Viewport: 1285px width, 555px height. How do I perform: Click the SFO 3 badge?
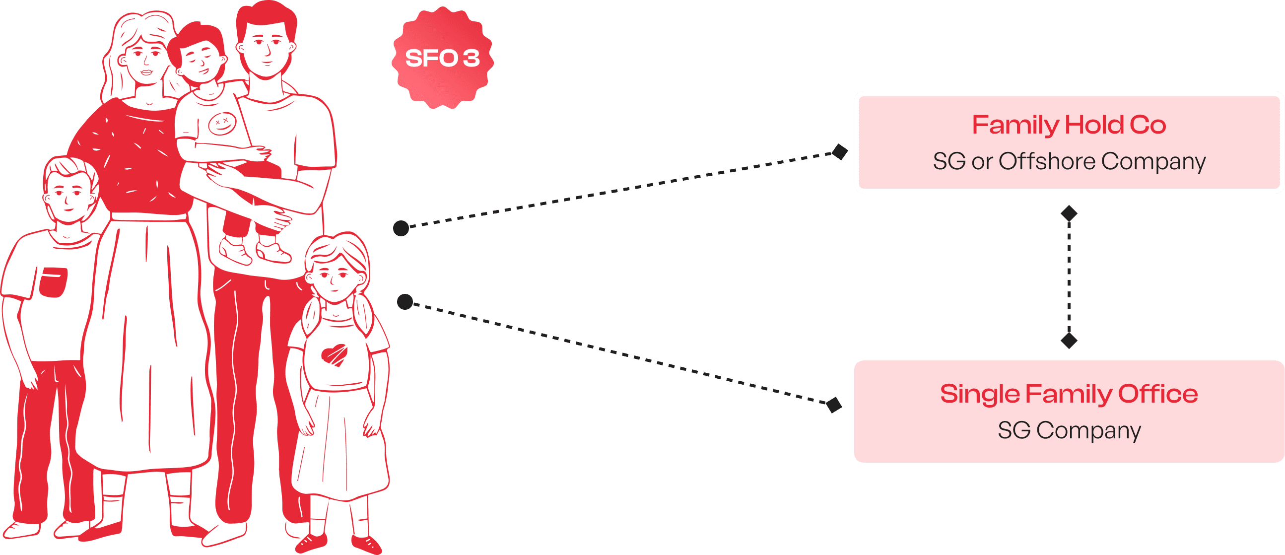(442, 58)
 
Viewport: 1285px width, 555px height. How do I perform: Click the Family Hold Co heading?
(1069, 125)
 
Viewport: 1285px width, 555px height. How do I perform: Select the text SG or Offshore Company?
(1069, 161)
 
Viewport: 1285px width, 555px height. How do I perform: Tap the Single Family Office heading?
(1069, 394)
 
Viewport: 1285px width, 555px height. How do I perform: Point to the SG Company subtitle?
(1069, 430)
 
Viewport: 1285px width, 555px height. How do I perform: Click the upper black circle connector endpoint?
(401, 228)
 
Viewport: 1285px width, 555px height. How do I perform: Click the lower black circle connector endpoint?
(405, 301)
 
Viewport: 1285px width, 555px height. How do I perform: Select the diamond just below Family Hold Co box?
(1069, 213)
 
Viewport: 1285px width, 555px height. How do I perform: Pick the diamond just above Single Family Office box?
(1069, 341)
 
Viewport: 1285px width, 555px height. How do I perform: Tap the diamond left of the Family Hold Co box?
(840, 152)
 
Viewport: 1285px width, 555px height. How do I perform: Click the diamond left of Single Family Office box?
(833, 405)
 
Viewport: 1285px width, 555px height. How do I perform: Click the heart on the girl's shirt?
(334, 354)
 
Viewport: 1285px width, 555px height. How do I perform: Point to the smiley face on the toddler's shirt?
(221, 123)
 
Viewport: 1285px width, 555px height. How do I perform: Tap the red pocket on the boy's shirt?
(54, 282)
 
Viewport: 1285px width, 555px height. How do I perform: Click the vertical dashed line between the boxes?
(1069, 277)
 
